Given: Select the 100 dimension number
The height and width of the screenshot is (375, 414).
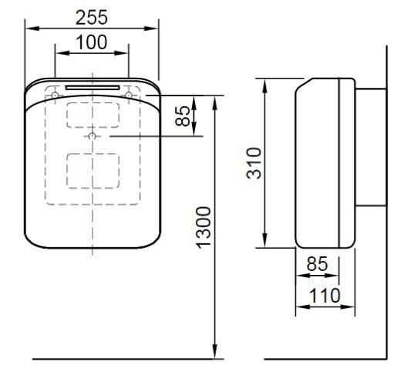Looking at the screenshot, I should pyautogui.click(x=92, y=43).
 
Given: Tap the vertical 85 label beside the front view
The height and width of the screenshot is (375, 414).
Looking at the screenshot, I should pyautogui.click(x=182, y=116).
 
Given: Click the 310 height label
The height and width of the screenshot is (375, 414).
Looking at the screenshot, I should pyautogui.click(x=254, y=163).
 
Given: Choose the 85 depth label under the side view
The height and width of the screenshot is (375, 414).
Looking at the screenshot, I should pyautogui.click(x=316, y=263).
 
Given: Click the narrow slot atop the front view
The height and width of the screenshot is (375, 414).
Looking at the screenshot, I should pyautogui.click(x=93, y=88).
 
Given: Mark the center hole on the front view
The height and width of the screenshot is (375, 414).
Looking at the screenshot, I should pyautogui.click(x=93, y=136).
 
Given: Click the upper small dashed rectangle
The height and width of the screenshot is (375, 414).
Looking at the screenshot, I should pyautogui.click(x=93, y=114).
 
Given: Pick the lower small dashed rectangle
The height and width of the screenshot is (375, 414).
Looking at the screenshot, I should pyautogui.click(x=93, y=167).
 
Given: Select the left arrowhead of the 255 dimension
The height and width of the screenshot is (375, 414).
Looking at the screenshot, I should pyautogui.click(x=29, y=28).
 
